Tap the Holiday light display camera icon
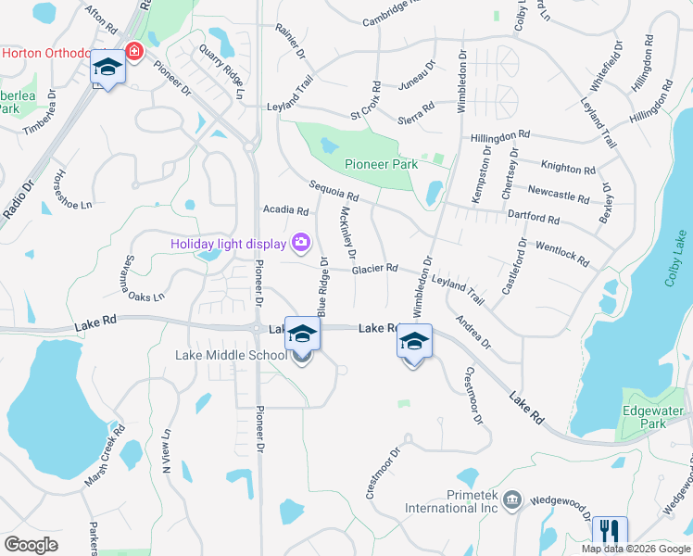pos(300,244)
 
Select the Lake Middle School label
pos(232,355)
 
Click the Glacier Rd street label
pos(374,269)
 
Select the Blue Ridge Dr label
pos(323,286)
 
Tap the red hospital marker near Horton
pos(134,51)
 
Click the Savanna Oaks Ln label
pos(145,279)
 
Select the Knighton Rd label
pos(569,170)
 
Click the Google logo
pos(31,545)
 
